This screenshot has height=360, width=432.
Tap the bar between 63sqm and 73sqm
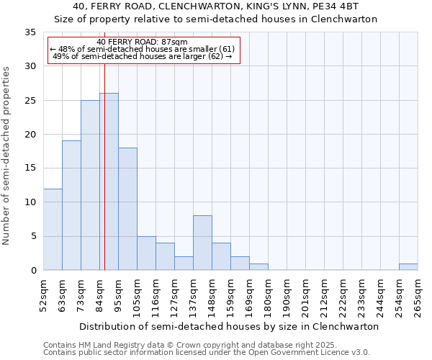point(71,205)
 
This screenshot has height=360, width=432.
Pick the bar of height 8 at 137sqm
point(202,243)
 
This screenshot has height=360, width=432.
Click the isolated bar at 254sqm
point(408,266)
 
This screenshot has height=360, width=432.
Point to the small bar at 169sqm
point(258,266)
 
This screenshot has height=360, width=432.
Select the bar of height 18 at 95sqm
point(127,209)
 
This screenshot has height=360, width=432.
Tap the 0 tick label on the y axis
point(32,270)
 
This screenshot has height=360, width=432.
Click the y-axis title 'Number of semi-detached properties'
point(7,156)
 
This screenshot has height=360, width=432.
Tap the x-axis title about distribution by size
point(229,326)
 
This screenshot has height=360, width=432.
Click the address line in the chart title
point(226,6)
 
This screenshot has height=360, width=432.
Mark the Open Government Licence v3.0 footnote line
point(207,353)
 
